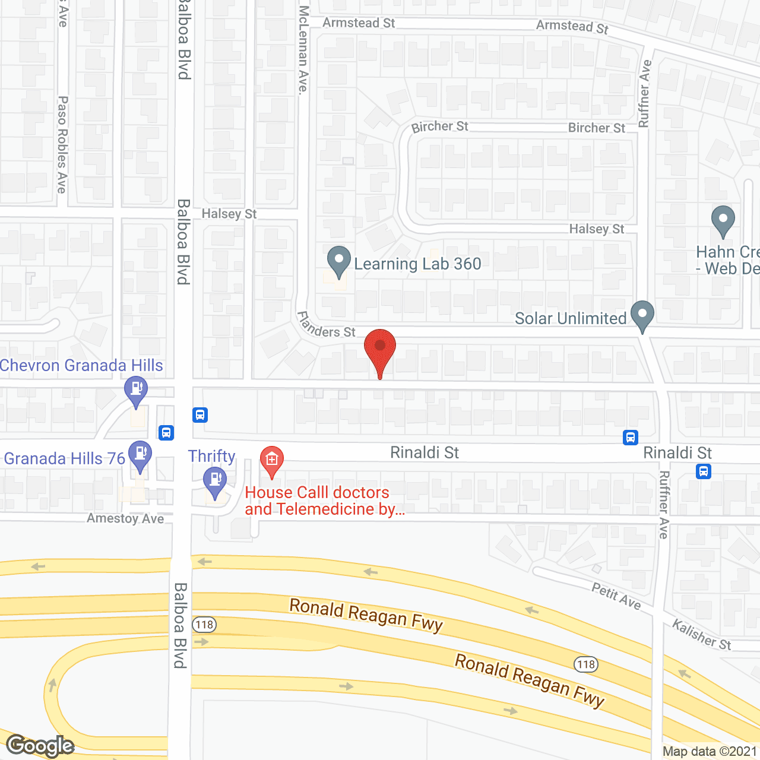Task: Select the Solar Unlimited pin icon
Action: click(x=642, y=316)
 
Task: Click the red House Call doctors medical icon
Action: click(x=272, y=461)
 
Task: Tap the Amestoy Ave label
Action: click(x=125, y=518)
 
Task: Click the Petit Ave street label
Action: click(x=616, y=596)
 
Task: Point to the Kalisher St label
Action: click(x=701, y=634)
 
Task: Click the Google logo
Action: click(x=40, y=746)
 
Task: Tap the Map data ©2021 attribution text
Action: click(x=710, y=752)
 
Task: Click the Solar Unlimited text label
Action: click(x=571, y=319)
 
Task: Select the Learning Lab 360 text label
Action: click(x=417, y=264)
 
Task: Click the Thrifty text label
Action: click(x=212, y=456)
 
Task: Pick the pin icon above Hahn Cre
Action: click(x=723, y=221)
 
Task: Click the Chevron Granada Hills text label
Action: click(x=81, y=366)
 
